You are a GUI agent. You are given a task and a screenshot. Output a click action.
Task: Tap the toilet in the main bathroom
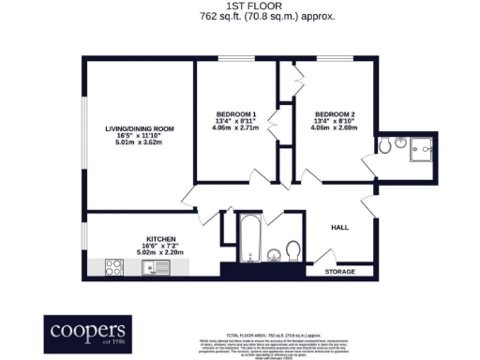(292, 249)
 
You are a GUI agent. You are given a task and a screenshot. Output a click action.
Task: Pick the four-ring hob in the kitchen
(114, 267)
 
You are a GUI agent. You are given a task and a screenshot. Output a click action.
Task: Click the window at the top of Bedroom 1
(233, 60)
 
